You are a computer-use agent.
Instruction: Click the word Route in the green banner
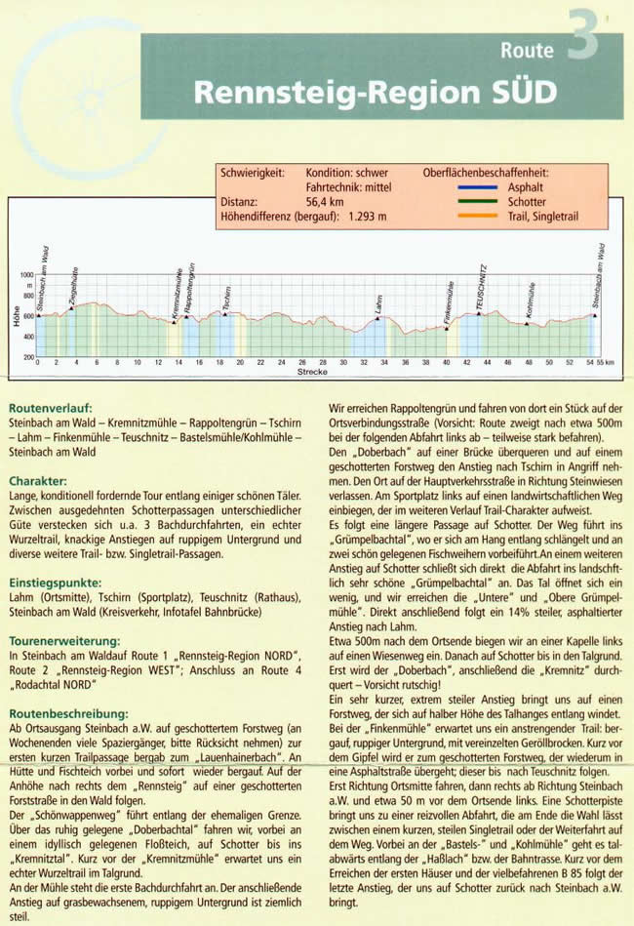pos(527,50)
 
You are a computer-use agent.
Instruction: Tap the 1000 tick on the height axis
pos(26,276)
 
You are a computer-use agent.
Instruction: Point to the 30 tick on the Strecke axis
pos(343,363)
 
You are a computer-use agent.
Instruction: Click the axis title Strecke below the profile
pos(312,372)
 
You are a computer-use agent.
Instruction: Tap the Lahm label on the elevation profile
pos(376,304)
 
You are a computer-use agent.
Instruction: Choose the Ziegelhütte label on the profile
pos(74,290)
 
